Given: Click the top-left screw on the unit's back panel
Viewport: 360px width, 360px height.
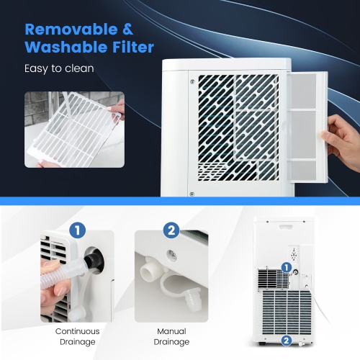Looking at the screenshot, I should pyautogui.click(x=191, y=81).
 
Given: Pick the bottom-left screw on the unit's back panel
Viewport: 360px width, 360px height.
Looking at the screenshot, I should pyautogui.click(x=191, y=192).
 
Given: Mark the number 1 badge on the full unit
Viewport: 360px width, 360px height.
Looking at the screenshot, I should pyautogui.click(x=287, y=267).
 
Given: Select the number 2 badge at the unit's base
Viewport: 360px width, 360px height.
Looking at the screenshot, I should pyautogui.click(x=287, y=341).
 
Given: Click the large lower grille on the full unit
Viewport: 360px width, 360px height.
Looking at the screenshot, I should pyautogui.click(x=286, y=310).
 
